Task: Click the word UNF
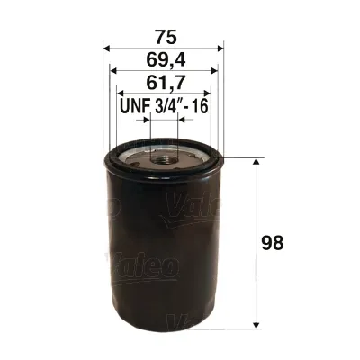click(x=133, y=107)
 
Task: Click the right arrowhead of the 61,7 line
click(x=208, y=94)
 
